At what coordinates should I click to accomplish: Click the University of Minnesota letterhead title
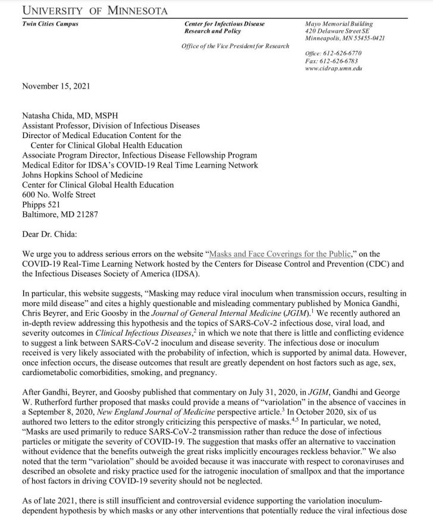click(x=95, y=11)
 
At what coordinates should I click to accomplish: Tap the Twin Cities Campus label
click(x=49, y=24)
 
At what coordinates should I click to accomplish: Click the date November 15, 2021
click(x=56, y=86)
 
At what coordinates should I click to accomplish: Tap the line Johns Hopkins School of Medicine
click(x=82, y=175)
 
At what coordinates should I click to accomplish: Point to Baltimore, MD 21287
click(x=60, y=214)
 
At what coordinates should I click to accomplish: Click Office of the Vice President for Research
click(x=236, y=46)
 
